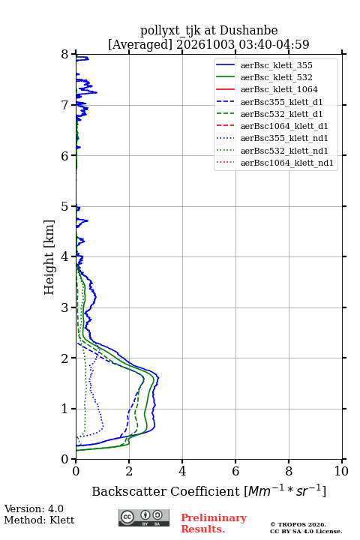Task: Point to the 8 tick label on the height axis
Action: coord(65,55)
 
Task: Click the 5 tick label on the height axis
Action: coord(65,207)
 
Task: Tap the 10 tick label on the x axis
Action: coord(341,471)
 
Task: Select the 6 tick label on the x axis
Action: coord(235,471)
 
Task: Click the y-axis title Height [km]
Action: coord(49,257)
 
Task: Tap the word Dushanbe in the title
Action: coord(248,30)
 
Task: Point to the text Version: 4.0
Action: coord(34,508)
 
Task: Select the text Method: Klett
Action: coord(39,520)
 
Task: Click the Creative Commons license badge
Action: coord(144,517)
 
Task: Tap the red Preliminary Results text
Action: coord(214,523)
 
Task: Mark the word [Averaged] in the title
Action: coord(140,44)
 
